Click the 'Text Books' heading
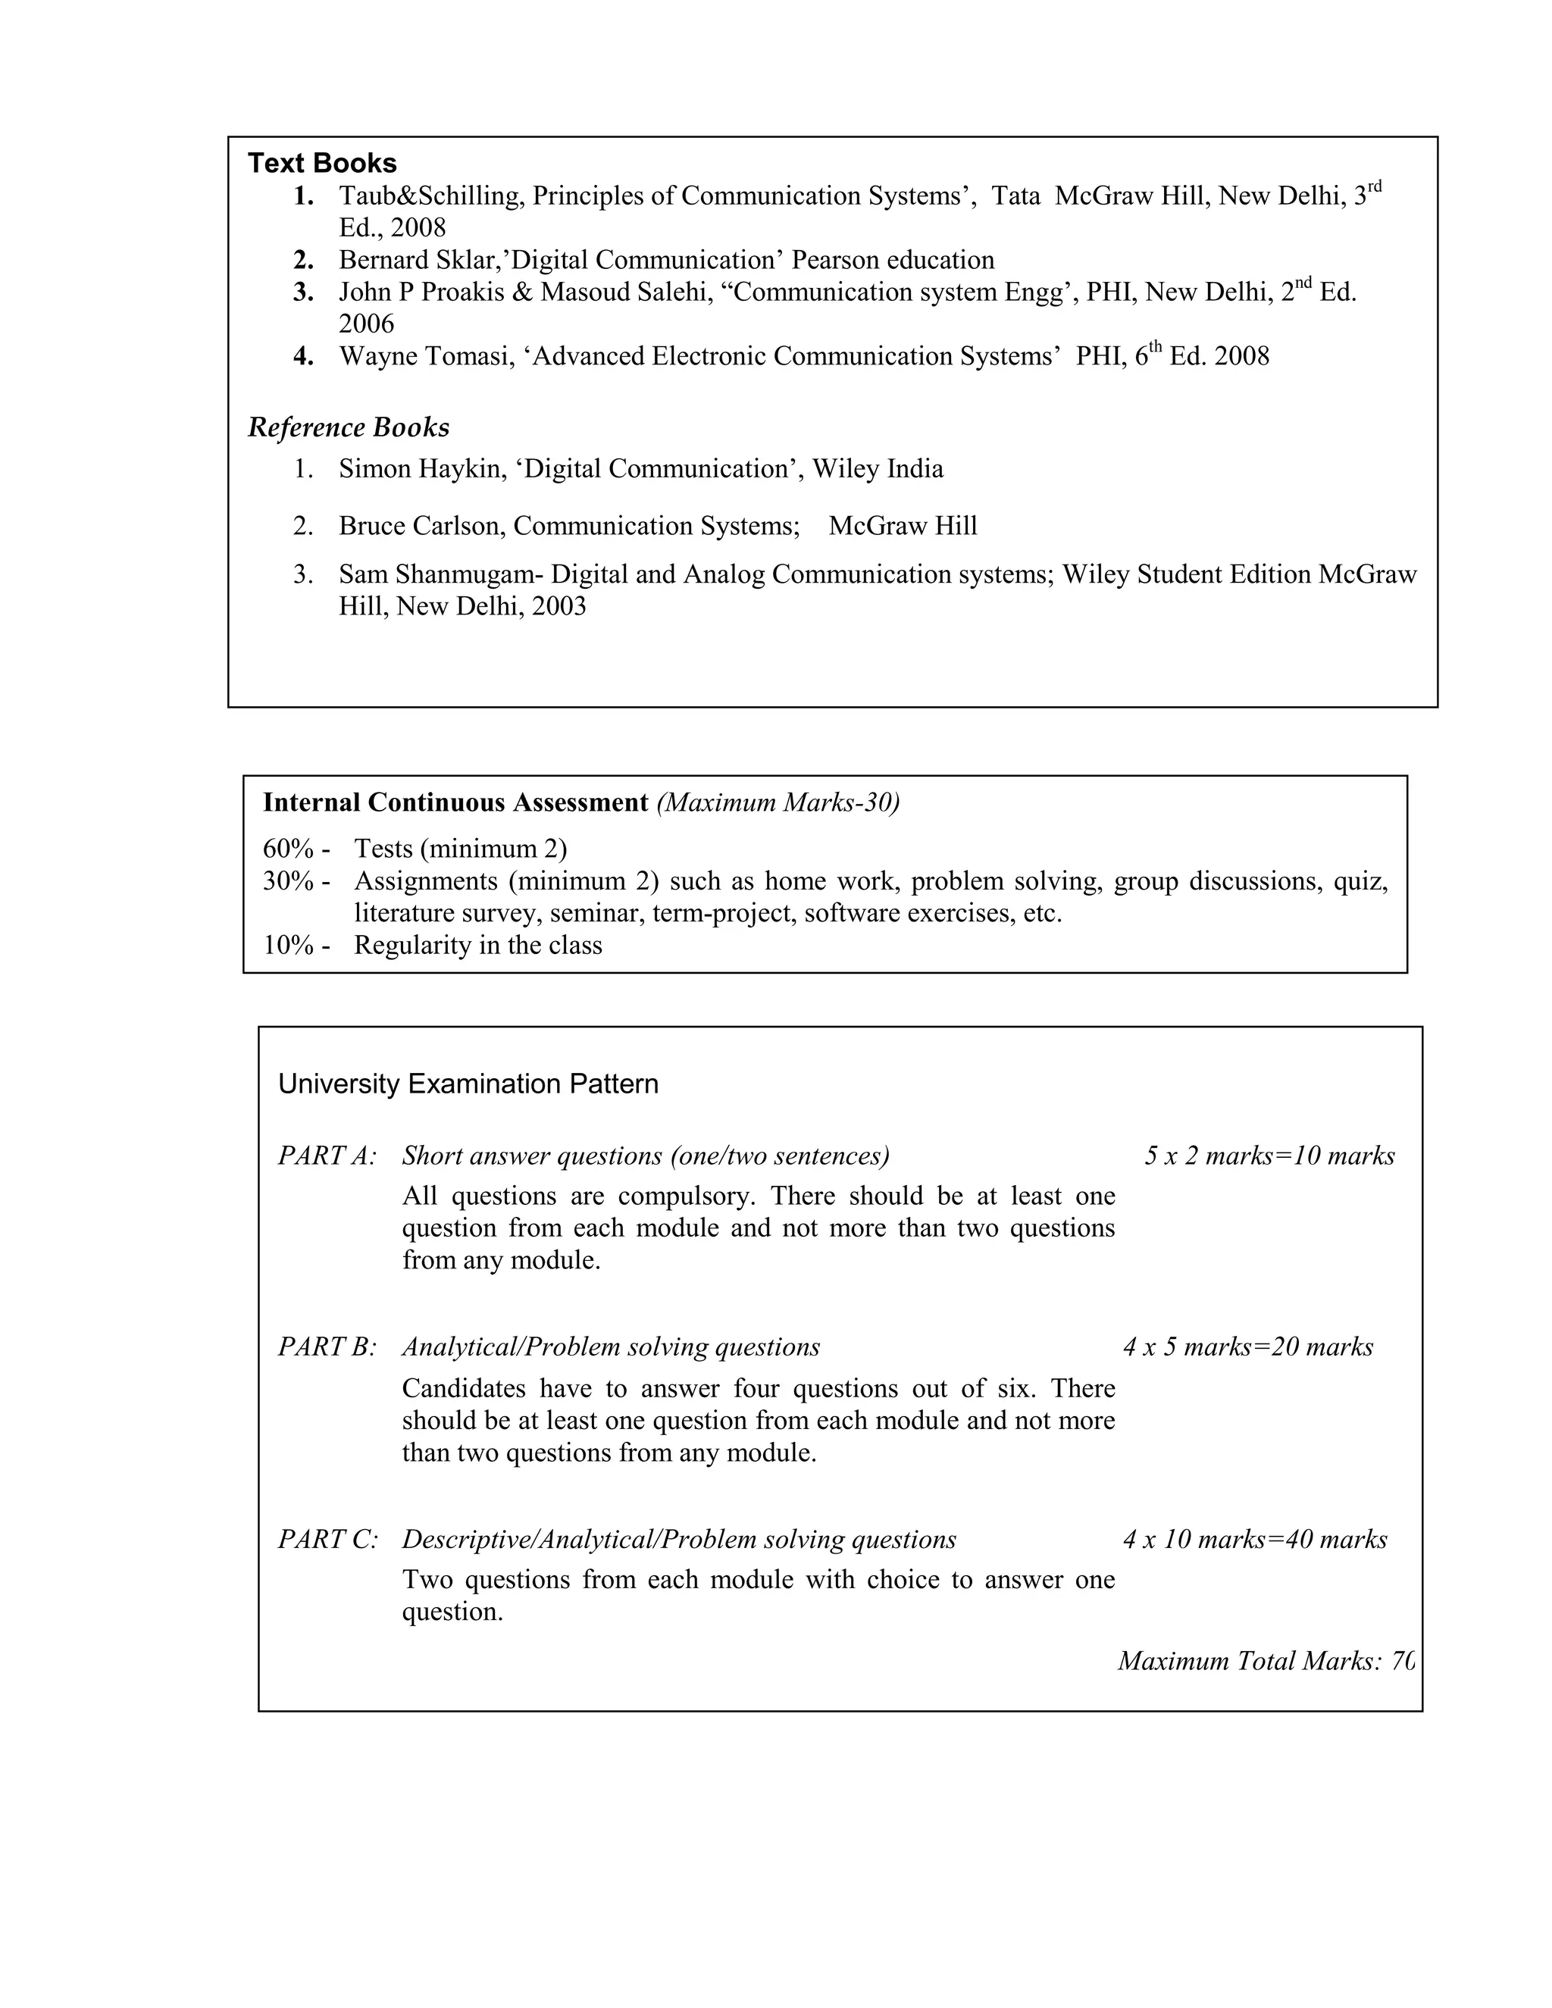pyautogui.click(x=322, y=164)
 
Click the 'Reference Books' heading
pyautogui.click(x=349, y=427)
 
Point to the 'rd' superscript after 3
pyautogui.click(x=1375, y=186)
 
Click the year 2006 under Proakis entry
pyautogui.click(x=366, y=324)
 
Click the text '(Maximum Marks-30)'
pyautogui.click(x=778, y=802)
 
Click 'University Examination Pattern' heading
pyautogui.click(x=468, y=1084)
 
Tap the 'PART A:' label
pyautogui.click(x=327, y=1156)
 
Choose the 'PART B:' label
pyautogui.click(x=327, y=1347)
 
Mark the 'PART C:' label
pyautogui.click(x=327, y=1539)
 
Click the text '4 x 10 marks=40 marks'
pyautogui.click(x=1254, y=1539)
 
